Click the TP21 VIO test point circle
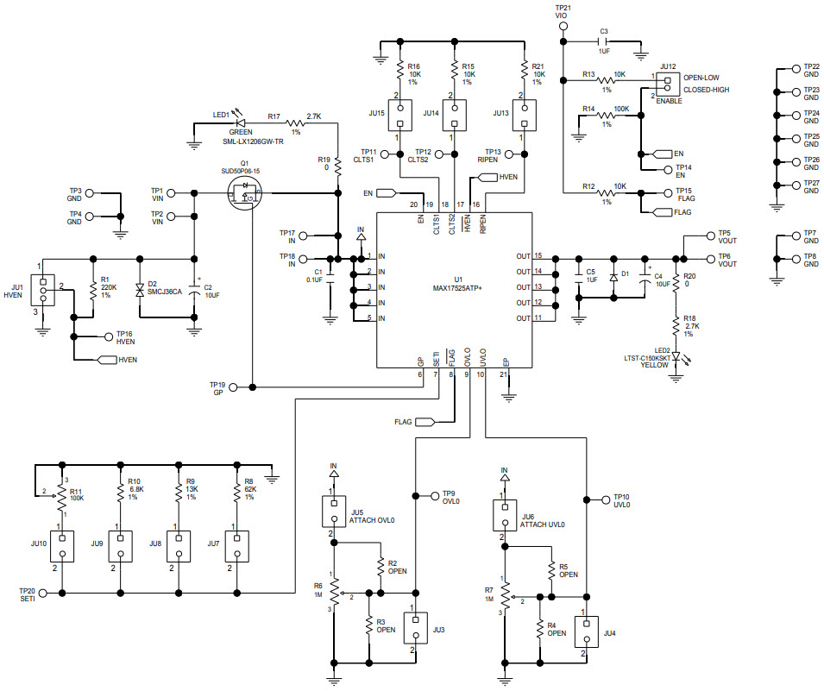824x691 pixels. click(563, 26)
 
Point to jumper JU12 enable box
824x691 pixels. click(665, 84)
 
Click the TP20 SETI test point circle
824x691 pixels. click(63, 593)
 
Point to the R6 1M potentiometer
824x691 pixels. click(335, 594)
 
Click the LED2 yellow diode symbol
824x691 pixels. click(676, 356)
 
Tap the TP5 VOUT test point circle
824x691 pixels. click(710, 235)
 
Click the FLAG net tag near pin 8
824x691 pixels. click(425, 422)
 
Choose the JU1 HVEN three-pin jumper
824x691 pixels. click(42, 292)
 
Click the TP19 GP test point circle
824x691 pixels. click(252, 385)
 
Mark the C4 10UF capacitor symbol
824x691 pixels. click(645, 277)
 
